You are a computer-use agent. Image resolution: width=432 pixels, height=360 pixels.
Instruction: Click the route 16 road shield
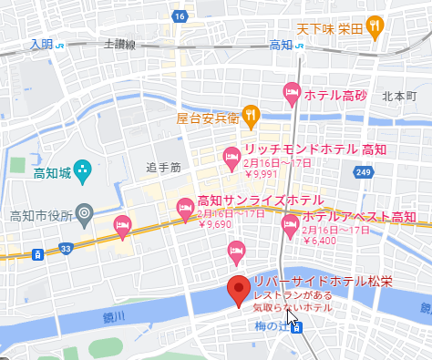pyautogui.click(x=180, y=16)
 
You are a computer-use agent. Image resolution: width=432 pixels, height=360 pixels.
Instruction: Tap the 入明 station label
pyautogui.click(x=41, y=43)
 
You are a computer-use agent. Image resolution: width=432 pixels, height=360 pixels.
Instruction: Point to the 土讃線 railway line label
pyautogui.click(x=119, y=43)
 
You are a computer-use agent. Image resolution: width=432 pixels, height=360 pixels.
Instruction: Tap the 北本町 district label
pyautogui.click(x=398, y=94)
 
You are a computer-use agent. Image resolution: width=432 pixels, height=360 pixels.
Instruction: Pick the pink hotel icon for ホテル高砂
pyautogui.click(x=292, y=91)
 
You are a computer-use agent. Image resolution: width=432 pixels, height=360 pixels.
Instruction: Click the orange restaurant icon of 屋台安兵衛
pyautogui.click(x=252, y=116)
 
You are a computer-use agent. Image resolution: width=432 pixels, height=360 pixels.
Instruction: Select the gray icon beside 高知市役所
pyautogui.click(x=85, y=213)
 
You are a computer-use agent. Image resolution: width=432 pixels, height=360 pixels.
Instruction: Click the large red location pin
pyautogui.click(x=239, y=289)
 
